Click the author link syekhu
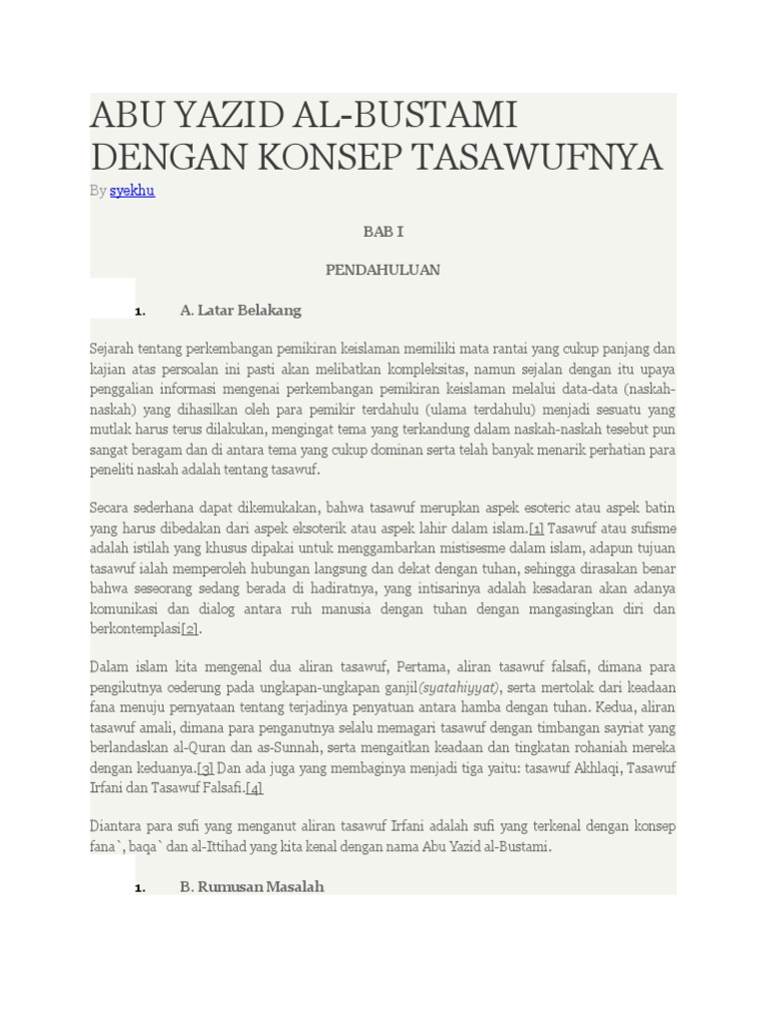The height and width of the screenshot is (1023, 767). click(x=132, y=190)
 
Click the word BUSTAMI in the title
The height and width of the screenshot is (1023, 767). click(x=432, y=116)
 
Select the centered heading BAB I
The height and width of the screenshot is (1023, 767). click(x=383, y=231)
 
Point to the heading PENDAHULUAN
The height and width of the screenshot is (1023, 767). click(x=383, y=270)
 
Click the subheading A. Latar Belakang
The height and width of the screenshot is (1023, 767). click(x=240, y=311)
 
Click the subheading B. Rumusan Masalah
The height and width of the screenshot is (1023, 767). click(x=252, y=886)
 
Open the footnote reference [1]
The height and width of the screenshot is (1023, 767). click(x=536, y=527)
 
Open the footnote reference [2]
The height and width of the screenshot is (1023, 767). click(x=190, y=628)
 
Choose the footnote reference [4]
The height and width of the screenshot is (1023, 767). click(x=255, y=788)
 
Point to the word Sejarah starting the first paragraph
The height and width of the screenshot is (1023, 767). click(x=112, y=349)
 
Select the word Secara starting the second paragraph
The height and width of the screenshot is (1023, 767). click(x=110, y=508)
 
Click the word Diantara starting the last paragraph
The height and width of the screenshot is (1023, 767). click(x=117, y=826)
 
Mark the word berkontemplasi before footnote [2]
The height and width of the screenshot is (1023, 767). click(x=135, y=628)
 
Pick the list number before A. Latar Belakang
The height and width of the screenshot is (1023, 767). click(x=140, y=312)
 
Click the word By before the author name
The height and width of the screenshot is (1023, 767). click(x=98, y=190)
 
